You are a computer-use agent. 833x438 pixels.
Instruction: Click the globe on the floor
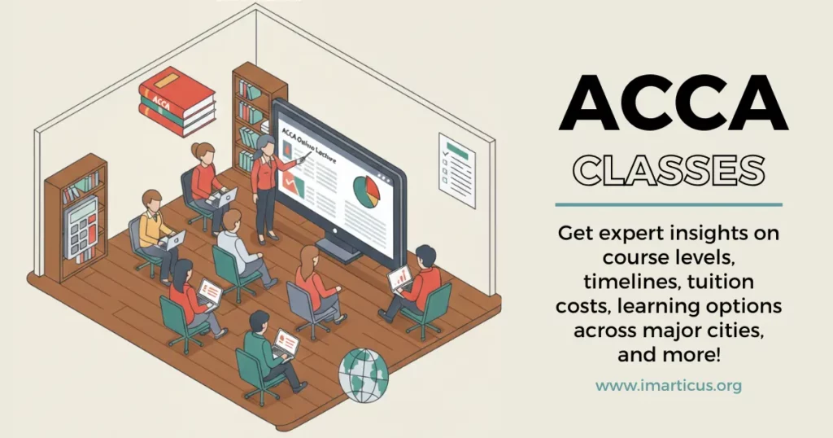coord(363,375)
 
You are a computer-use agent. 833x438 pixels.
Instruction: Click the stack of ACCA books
coord(177,101)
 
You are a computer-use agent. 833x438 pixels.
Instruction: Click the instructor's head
coord(266,144)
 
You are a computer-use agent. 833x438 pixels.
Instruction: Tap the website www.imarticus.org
coord(669,385)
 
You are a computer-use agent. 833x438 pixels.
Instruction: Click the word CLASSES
coord(669,169)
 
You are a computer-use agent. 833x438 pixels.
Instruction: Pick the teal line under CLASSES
coord(669,204)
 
